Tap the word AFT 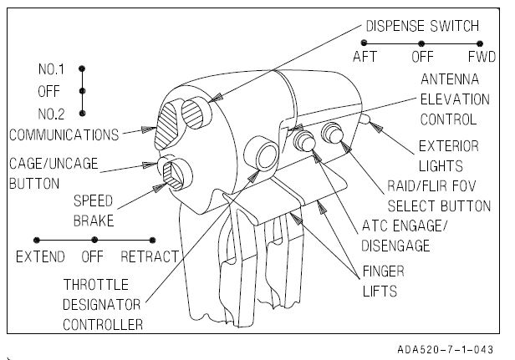[365, 58]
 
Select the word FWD [479, 58]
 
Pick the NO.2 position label [51, 112]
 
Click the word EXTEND [39, 256]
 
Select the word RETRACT [150, 256]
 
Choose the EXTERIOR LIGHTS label [448, 157]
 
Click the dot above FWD [480, 42]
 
